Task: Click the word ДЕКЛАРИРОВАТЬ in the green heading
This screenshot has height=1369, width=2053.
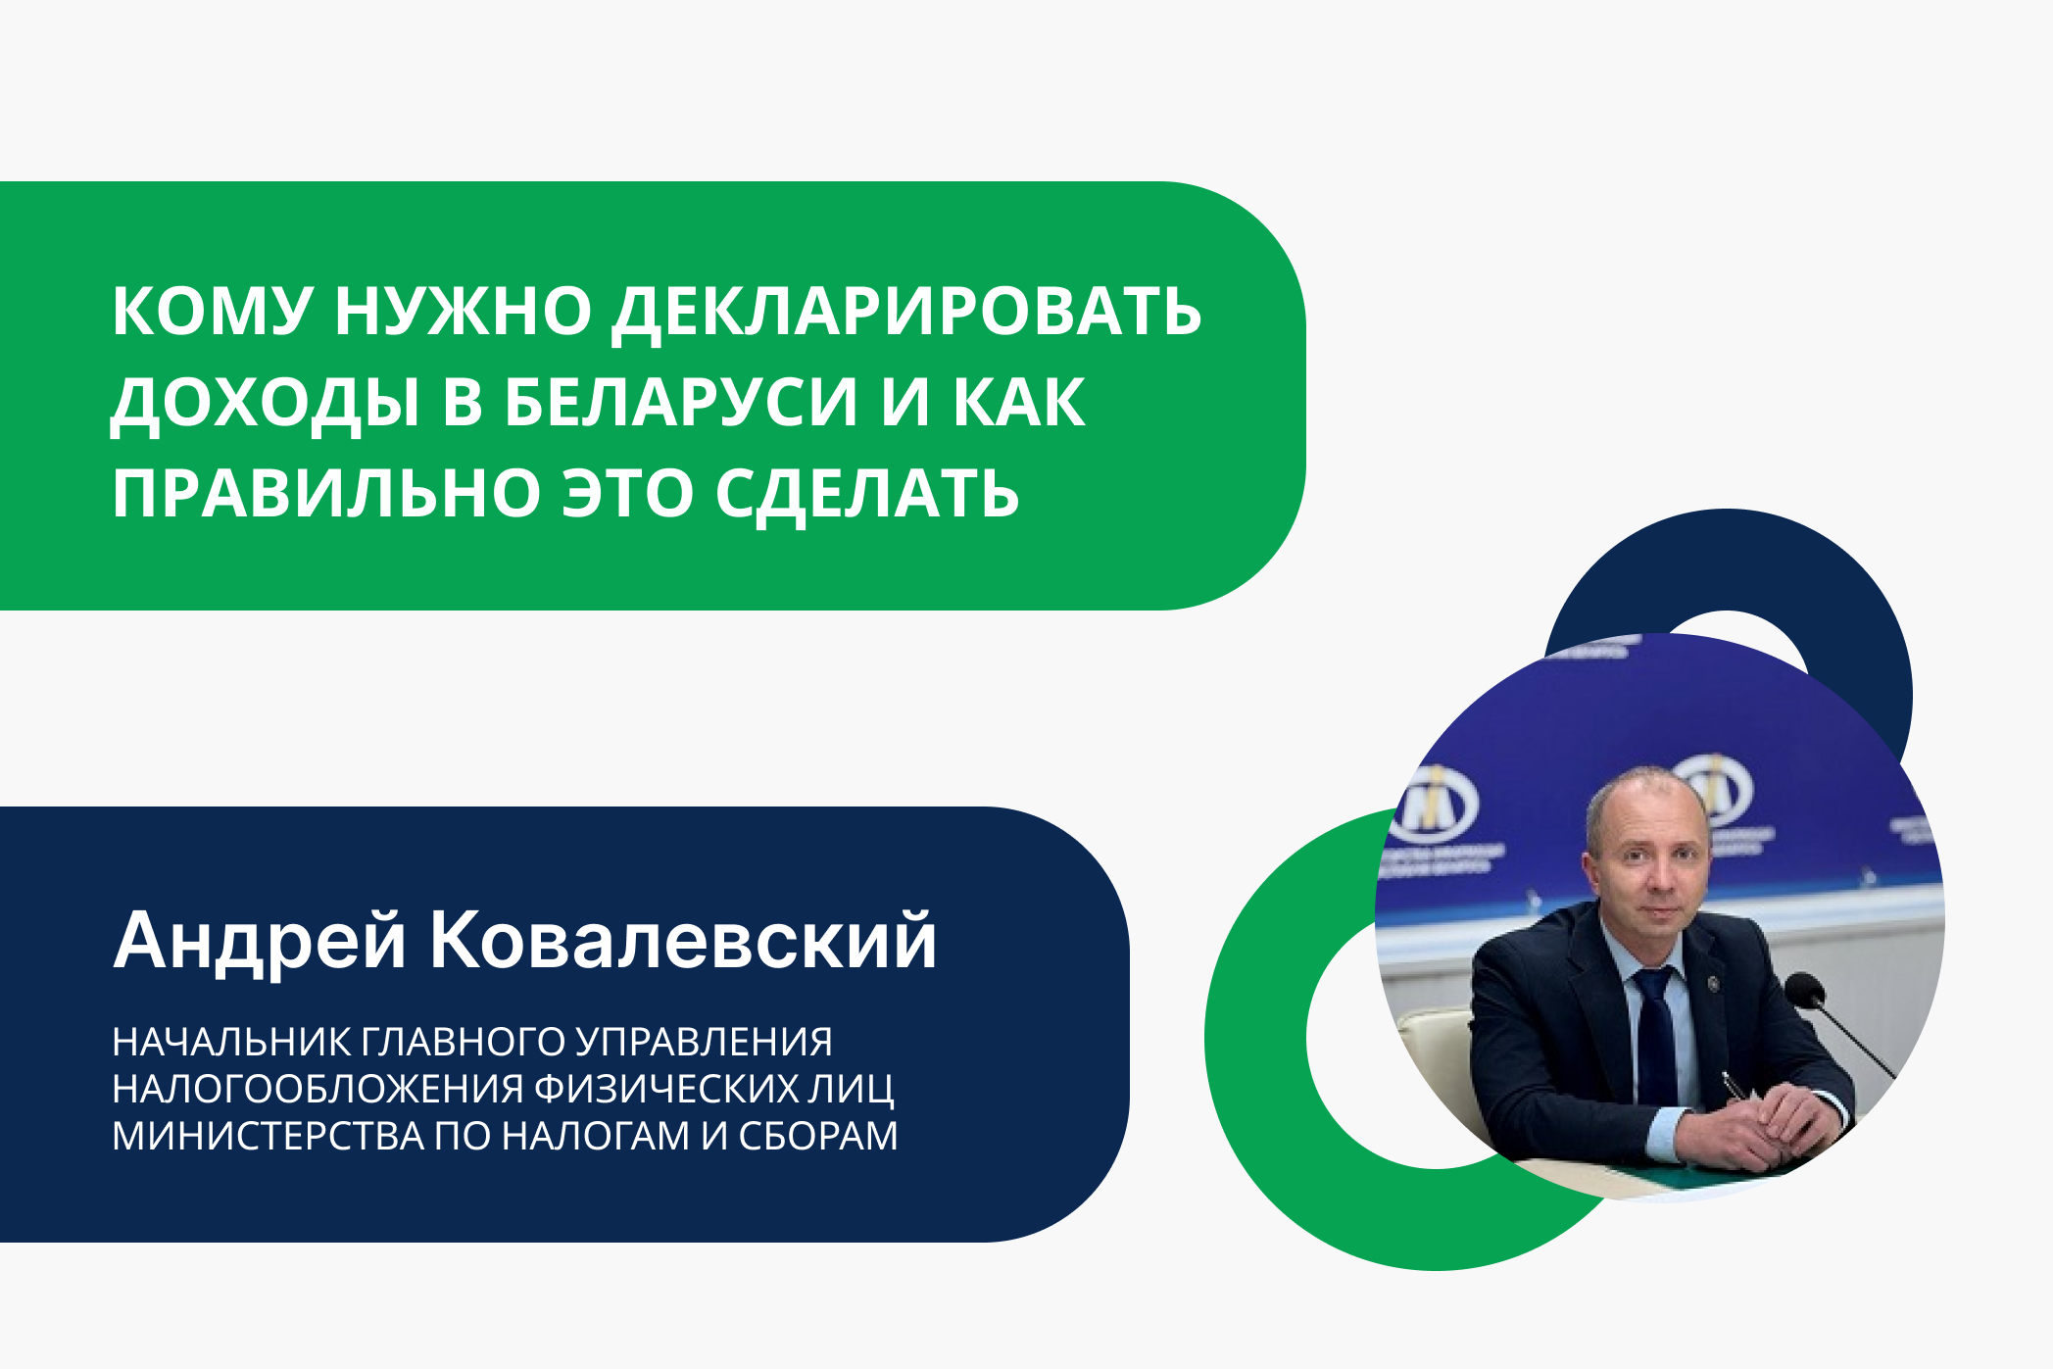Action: tap(906, 312)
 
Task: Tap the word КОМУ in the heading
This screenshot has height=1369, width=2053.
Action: tap(211, 312)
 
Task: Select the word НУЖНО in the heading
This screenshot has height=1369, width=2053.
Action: tap(463, 312)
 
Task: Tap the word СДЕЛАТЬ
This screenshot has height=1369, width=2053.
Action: tap(867, 493)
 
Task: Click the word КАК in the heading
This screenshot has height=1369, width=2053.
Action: tap(1019, 403)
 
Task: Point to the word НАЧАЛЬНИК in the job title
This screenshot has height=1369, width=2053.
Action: tap(231, 1042)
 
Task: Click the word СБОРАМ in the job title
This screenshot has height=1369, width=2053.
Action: tap(817, 1136)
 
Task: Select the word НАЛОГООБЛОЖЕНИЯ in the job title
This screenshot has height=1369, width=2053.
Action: tap(318, 1089)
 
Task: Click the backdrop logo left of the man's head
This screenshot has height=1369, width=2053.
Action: tap(1436, 806)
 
